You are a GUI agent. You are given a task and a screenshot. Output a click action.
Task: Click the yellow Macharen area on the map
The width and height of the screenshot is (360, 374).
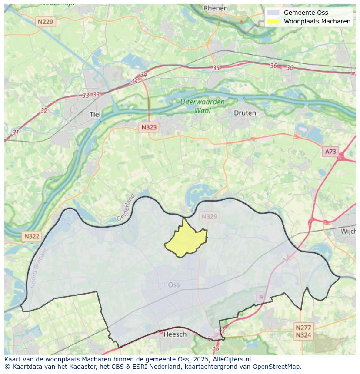coord(186,241)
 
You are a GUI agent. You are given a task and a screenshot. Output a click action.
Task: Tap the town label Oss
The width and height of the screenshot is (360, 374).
coord(173,285)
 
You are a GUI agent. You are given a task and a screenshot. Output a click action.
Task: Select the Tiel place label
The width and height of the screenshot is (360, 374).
coord(95,115)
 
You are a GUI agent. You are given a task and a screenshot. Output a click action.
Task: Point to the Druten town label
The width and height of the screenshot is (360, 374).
coord(245,113)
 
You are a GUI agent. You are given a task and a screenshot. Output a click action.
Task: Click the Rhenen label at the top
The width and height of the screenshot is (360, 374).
coord(216,8)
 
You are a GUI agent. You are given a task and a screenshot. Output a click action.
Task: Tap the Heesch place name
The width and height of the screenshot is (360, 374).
coord(175,334)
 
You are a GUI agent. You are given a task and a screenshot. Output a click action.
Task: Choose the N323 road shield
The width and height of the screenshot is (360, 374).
coord(149,127)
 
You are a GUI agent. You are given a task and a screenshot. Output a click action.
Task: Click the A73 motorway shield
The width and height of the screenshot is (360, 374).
coord(330,152)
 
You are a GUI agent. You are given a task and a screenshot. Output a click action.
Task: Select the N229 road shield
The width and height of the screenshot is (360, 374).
coord(46,21)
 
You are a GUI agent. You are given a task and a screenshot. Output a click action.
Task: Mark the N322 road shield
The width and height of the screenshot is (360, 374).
coord(32,236)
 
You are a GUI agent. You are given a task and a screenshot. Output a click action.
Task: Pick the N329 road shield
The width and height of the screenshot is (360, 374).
coord(209,216)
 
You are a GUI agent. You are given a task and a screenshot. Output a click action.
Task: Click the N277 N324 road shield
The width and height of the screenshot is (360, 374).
coord(303,331)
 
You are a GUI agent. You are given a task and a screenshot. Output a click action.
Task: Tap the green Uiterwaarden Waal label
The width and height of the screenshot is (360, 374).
coord(203,106)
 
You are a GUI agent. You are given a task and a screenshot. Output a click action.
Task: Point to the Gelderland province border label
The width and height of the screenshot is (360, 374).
coord(126,208)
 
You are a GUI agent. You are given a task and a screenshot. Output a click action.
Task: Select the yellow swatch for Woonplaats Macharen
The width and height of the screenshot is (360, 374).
coord(273,21)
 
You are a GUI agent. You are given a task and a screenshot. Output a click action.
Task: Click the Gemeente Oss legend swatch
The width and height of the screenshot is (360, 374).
coord(273,13)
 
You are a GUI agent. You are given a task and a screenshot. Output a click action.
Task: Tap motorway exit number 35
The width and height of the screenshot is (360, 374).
coord(216,68)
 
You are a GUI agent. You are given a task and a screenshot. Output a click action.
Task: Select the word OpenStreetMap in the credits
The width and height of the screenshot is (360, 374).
coord(276,367)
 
